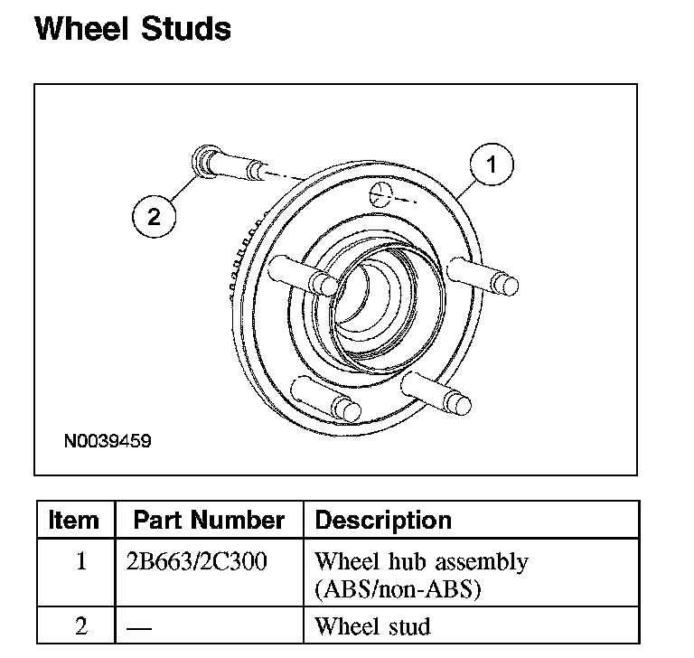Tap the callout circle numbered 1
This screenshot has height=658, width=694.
[492, 165]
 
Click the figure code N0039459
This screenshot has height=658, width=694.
[108, 443]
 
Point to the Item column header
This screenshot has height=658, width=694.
[74, 521]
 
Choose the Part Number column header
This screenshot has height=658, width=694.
[209, 521]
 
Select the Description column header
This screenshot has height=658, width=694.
[382, 521]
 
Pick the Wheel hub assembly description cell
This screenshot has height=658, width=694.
[420, 574]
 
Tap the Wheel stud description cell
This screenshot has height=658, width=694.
[371, 625]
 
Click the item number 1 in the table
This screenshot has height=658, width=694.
[80, 561]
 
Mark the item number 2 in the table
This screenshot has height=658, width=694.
[80, 625]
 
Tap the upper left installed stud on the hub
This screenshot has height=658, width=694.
[303, 274]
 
